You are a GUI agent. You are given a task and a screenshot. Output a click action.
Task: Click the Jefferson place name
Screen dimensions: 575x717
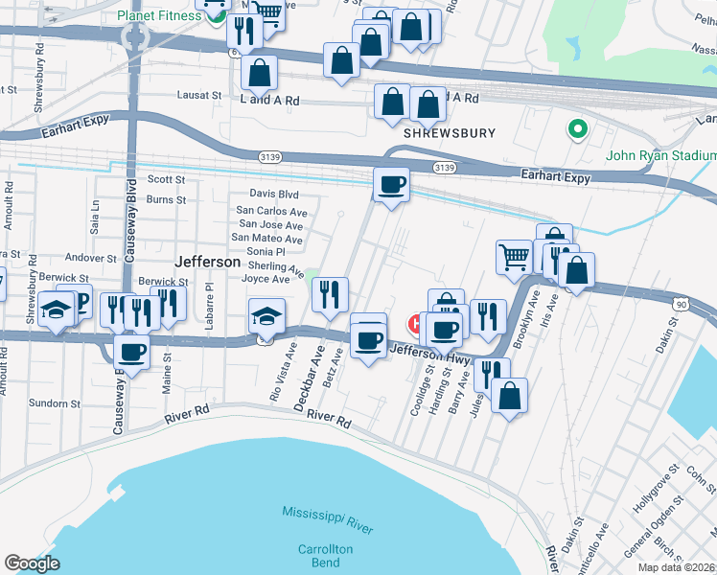point(207,262)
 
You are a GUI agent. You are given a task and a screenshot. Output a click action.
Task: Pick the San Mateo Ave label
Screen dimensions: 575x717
point(267,239)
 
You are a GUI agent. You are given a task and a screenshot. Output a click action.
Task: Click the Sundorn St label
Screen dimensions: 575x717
point(55,404)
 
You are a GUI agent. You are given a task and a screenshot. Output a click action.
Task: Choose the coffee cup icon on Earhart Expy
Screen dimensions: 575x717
point(390,183)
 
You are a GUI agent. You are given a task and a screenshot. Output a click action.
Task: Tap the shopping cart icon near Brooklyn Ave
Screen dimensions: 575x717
point(515,256)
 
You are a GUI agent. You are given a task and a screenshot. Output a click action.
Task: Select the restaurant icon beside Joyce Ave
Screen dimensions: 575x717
point(330,293)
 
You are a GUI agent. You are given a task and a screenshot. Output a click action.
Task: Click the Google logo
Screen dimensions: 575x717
point(33,563)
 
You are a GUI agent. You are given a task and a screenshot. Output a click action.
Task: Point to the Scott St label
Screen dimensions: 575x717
point(166,179)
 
